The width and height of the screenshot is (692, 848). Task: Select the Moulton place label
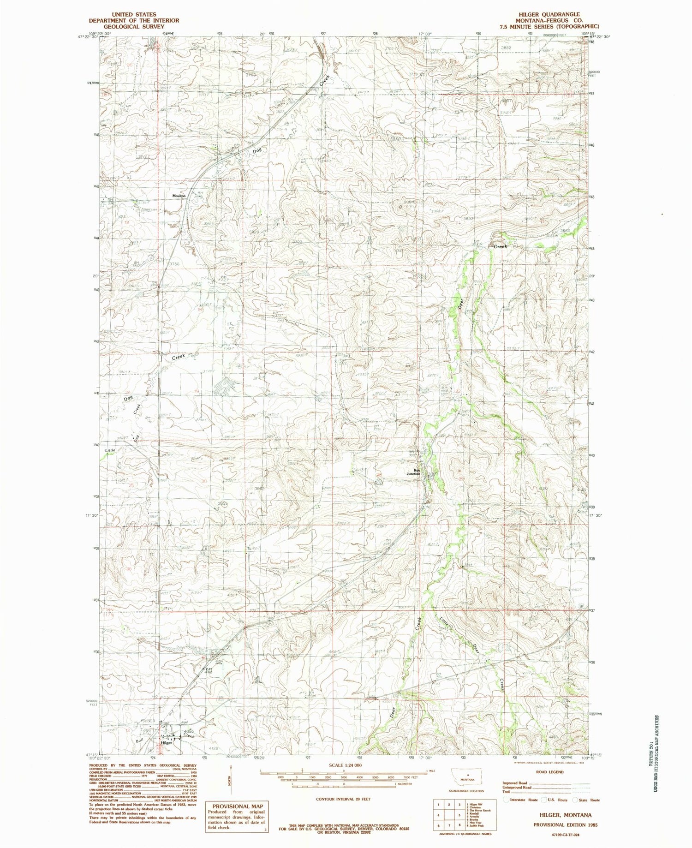pos(179,196)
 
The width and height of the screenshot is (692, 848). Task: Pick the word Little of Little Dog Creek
pos(109,450)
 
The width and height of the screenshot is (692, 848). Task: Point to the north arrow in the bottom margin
pos(231,780)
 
